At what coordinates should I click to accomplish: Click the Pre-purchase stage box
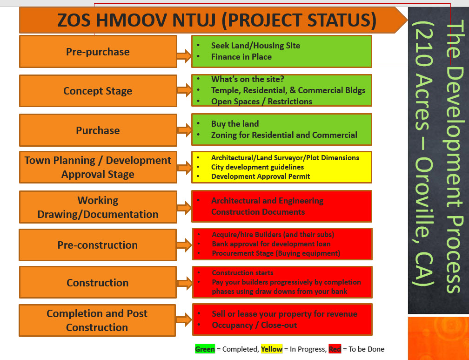click(98, 52)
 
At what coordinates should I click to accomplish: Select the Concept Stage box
click(98, 91)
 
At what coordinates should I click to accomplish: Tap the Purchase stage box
click(98, 130)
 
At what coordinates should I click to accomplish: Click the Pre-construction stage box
click(98, 245)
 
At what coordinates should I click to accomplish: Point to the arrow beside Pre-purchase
click(184, 56)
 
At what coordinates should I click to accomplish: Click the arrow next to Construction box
click(185, 283)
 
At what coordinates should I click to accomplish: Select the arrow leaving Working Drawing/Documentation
click(184, 208)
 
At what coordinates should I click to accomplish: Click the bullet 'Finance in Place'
click(241, 57)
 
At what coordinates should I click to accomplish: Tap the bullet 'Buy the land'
click(235, 124)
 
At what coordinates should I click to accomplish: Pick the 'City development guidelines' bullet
click(258, 167)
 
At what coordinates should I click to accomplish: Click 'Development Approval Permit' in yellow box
click(261, 177)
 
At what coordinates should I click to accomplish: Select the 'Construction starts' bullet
click(242, 273)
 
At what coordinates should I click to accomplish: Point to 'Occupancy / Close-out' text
click(254, 325)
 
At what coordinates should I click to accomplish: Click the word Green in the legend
click(205, 349)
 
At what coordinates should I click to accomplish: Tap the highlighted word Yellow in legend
click(272, 349)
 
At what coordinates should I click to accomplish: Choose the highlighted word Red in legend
click(335, 349)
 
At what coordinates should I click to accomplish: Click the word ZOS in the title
click(74, 20)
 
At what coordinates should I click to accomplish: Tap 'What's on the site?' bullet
click(248, 79)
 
